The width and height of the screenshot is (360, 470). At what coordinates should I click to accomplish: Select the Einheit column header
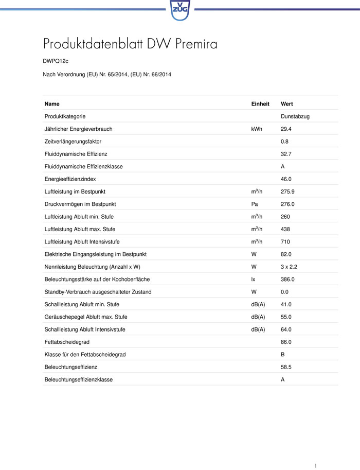[x=260, y=104]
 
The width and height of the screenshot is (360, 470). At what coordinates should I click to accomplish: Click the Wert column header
[x=287, y=104]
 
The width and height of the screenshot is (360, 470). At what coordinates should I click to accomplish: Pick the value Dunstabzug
[x=295, y=117]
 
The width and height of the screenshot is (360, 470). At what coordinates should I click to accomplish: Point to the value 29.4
[x=286, y=129]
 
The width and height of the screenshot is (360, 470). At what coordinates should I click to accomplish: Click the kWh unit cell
[x=257, y=129]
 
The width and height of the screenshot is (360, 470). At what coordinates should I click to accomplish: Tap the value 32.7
[x=286, y=154]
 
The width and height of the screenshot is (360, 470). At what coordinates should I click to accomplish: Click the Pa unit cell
[x=254, y=204]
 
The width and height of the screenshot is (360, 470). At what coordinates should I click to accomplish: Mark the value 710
[x=285, y=242]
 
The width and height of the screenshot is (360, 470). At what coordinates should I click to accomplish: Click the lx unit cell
[x=253, y=280]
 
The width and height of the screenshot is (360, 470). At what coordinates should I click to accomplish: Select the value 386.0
[x=287, y=280]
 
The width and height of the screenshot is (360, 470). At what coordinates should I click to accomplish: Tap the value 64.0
[x=286, y=329]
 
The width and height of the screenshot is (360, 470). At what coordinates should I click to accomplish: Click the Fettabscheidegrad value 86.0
[x=286, y=342]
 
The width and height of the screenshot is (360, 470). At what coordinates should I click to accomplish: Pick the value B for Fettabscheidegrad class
[x=283, y=355]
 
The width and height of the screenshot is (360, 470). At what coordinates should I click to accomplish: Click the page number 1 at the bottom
[x=315, y=465]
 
